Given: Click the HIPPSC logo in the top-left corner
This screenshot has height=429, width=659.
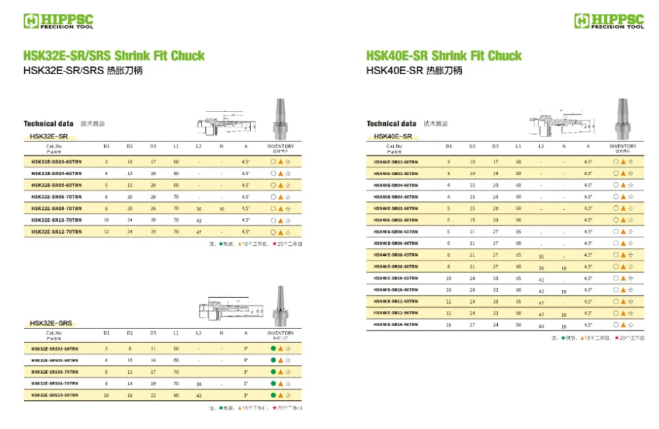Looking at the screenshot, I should tap(58, 21).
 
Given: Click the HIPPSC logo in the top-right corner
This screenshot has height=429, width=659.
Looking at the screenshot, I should tap(609, 21).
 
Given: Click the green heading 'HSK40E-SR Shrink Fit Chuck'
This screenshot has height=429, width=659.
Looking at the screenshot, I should tap(443, 56).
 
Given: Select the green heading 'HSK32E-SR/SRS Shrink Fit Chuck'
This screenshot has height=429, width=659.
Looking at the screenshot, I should tap(114, 56).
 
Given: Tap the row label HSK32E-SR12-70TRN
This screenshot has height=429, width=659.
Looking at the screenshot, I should tap(57, 232).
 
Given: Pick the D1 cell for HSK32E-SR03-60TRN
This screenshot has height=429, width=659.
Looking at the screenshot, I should tap(107, 161).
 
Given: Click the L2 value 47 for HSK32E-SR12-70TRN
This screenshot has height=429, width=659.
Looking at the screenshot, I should tap(198, 232).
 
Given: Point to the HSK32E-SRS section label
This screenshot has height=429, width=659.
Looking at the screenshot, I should tap(51, 323).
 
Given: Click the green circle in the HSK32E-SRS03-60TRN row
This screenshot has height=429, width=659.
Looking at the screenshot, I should tap(273, 348).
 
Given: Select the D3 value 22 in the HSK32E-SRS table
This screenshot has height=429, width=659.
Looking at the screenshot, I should tap(153, 396).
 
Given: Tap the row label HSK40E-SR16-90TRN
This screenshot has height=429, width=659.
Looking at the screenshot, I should tap(396, 325).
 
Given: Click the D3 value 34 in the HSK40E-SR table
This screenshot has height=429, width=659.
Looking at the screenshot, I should tap(495, 325).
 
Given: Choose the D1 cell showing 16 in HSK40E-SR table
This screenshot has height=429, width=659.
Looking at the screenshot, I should tap(449, 325).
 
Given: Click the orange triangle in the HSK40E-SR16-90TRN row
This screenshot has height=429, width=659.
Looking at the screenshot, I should tap(623, 325).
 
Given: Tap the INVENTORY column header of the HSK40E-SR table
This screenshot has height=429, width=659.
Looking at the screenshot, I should tap(622, 146).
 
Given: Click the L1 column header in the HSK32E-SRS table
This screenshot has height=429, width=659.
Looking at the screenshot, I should tap(176, 333).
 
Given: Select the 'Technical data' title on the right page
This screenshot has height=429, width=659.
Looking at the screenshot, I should tap(391, 123).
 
